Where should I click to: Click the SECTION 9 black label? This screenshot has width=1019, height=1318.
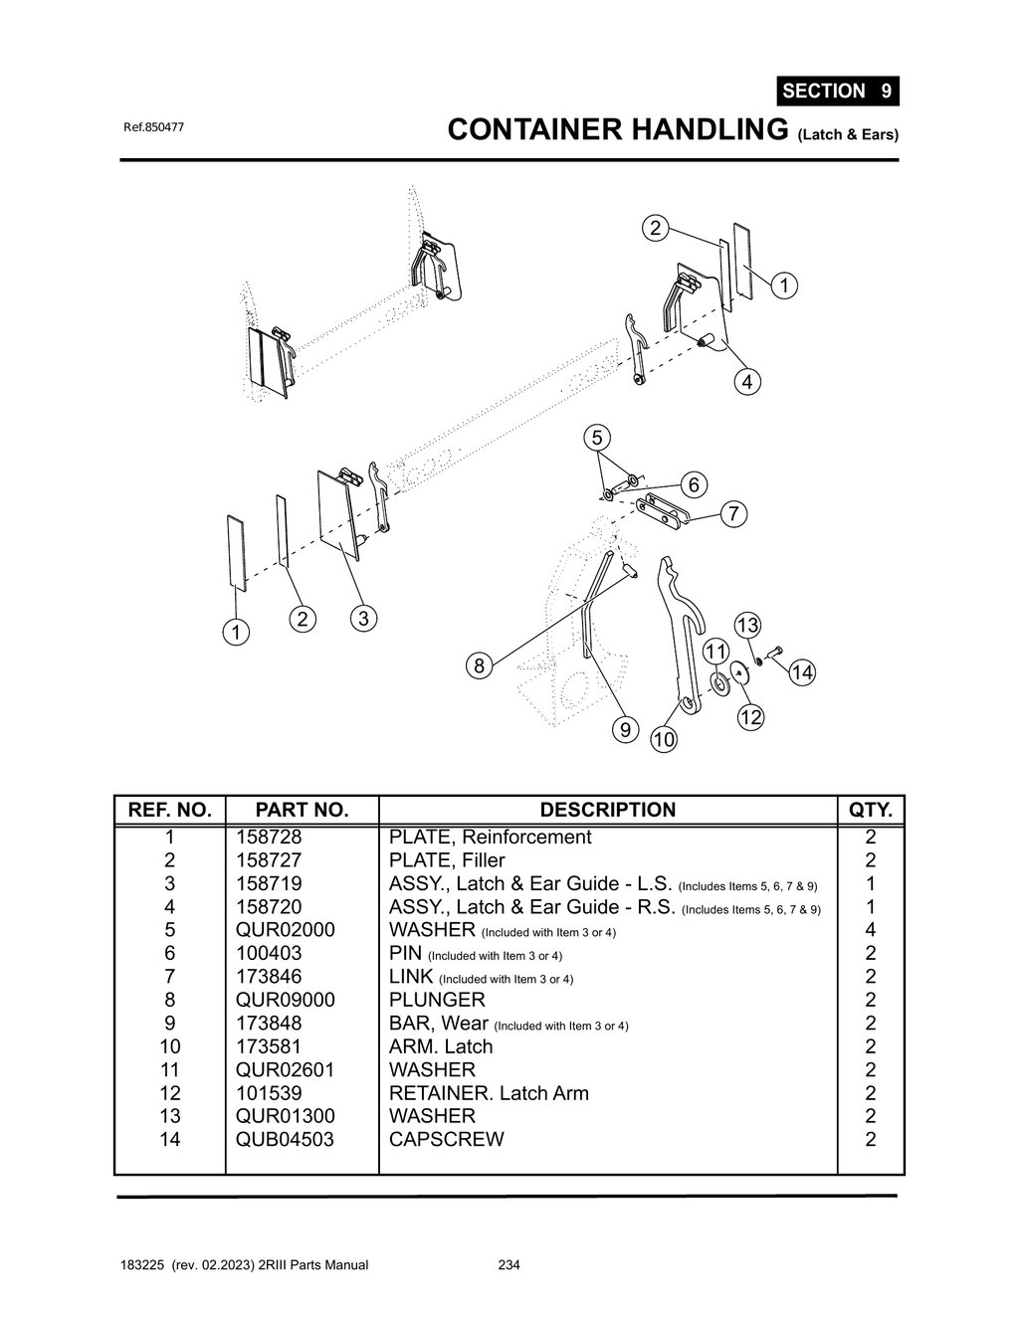837,91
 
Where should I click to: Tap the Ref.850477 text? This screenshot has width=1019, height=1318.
153,127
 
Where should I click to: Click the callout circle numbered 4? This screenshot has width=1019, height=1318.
746,382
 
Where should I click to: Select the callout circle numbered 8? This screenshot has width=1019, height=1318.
479,665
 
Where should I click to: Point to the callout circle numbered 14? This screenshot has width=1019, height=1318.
801,673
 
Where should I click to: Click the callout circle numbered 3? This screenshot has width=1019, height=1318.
363,619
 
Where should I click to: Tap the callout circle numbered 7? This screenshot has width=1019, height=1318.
733,514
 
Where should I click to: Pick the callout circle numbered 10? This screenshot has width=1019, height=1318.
664,739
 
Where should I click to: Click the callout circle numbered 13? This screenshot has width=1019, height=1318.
746,626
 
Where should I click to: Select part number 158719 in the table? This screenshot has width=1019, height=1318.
269,883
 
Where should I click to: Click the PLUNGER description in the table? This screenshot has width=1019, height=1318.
437,1000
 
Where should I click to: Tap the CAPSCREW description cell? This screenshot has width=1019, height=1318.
446,1139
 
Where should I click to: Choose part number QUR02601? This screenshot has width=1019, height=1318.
285,1069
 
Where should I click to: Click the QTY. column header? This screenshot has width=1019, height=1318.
871,810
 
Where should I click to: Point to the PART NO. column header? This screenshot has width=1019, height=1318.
302,810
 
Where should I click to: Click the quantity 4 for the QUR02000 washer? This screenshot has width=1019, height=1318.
871,930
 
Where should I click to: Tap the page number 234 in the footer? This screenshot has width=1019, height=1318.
509,1265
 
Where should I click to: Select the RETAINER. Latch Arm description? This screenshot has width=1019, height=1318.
489,1093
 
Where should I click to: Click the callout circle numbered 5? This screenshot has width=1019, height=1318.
596,438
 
